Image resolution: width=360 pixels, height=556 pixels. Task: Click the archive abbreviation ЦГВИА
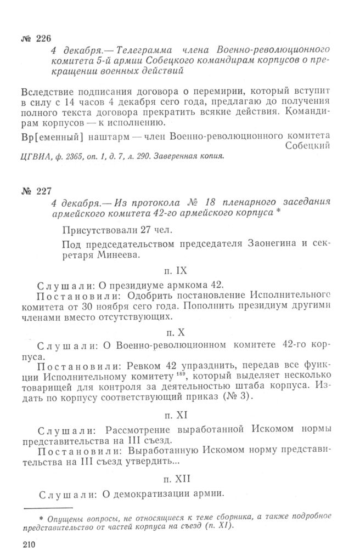[34, 156]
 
